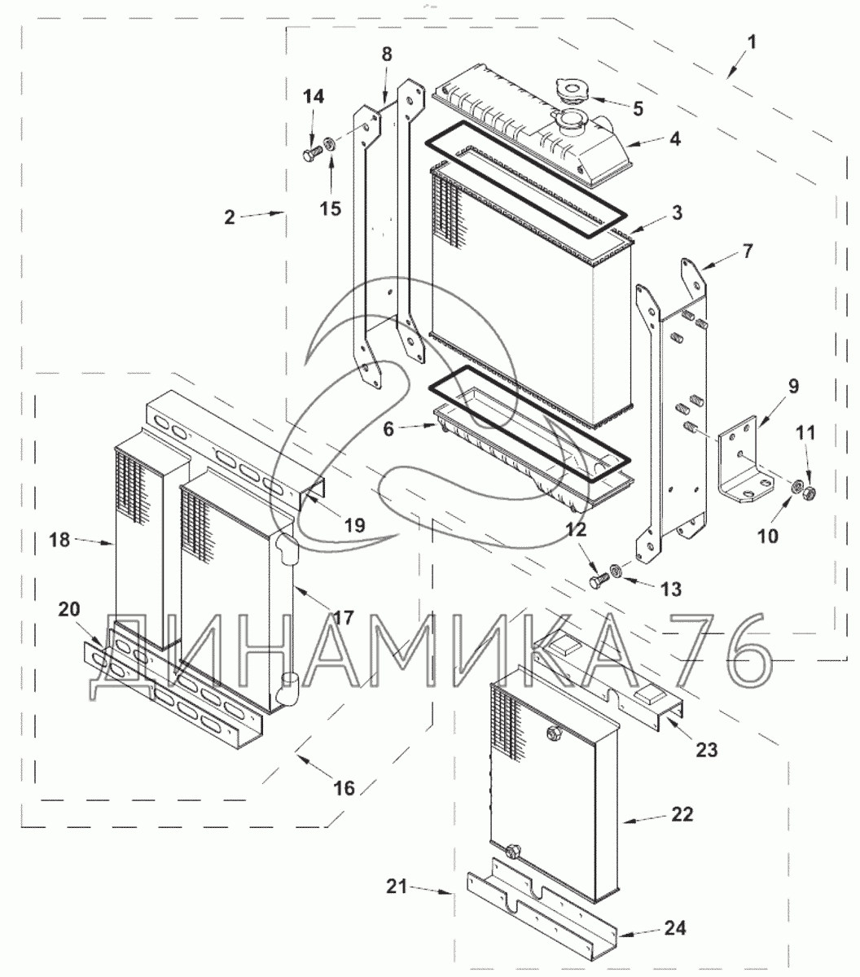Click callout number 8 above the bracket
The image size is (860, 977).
pyautogui.click(x=387, y=55)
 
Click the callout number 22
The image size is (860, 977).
pyautogui.click(x=682, y=815)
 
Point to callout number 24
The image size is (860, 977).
pyautogui.click(x=675, y=928)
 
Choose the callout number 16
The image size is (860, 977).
pyautogui.click(x=344, y=787)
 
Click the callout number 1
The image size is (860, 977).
pyautogui.click(x=751, y=41)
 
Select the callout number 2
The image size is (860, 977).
pyautogui.click(x=230, y=217)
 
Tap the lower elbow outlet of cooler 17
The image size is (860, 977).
pyautogui.click(x=287, y=689)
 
